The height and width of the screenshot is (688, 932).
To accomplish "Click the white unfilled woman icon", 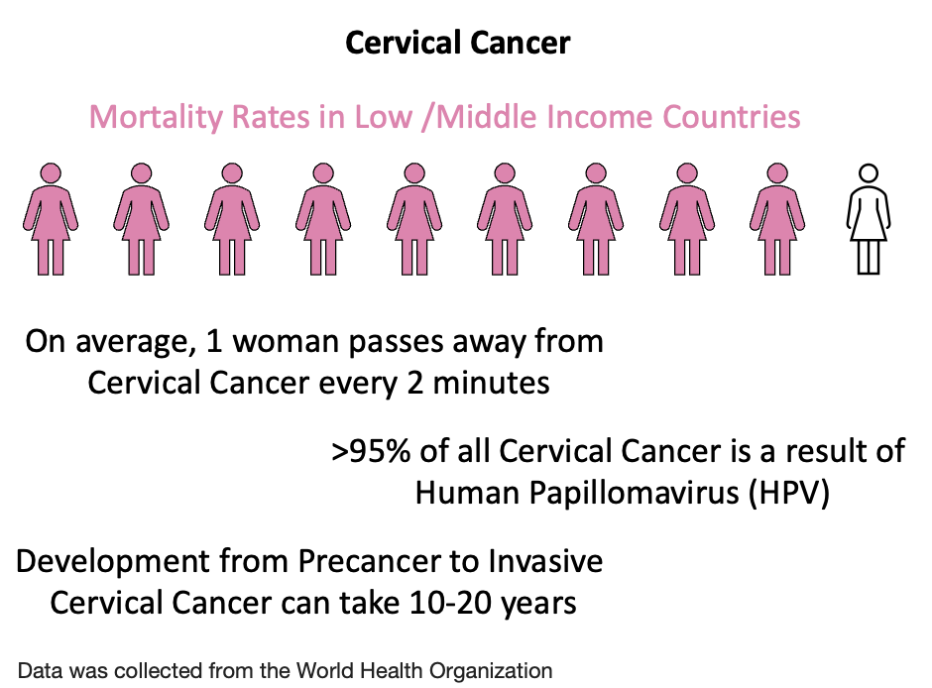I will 868,218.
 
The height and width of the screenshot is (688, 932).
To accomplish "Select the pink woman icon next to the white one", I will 776,218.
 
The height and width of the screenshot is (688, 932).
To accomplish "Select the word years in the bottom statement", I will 536,602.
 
